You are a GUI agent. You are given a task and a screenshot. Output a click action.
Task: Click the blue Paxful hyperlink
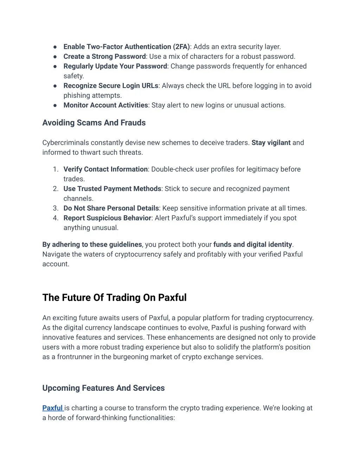52,408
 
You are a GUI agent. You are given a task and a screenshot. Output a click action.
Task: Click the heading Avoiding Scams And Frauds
94,123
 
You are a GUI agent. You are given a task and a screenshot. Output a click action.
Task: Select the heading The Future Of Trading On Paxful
114,298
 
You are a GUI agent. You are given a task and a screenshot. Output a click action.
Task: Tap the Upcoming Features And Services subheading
103,388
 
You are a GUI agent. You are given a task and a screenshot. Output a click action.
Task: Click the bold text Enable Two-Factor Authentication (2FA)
127,47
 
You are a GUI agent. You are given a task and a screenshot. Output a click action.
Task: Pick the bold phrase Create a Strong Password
104,57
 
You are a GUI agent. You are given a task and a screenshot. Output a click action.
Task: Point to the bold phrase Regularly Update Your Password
115,66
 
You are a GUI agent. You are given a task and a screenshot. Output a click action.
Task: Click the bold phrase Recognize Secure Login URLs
111,86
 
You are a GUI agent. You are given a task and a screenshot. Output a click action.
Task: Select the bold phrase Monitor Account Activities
105,105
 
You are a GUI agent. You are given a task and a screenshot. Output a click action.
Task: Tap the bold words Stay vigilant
271,143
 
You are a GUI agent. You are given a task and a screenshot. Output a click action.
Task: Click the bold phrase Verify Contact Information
105,169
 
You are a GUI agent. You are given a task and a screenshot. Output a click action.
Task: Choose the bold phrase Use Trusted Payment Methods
112,189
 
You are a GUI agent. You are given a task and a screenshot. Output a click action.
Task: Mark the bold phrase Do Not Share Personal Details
111,208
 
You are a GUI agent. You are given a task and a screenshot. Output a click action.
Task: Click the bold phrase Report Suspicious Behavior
107,218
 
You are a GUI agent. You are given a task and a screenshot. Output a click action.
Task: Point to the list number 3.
56,208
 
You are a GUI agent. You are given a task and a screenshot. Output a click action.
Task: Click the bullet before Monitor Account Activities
55,105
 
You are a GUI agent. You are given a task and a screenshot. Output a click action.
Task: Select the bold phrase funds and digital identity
252,244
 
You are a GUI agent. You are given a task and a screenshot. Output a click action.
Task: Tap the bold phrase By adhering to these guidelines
92,244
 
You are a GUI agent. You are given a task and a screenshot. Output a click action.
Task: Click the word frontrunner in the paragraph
75,357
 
